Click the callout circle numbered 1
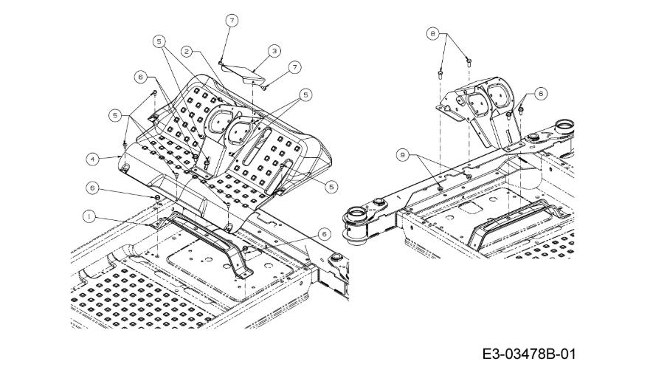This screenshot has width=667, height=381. (89, 216)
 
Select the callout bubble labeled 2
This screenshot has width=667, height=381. (187, 52)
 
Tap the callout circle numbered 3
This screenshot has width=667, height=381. (274, 51)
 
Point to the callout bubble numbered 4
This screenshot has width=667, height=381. (93, 159)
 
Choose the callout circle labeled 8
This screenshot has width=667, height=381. (433, 33)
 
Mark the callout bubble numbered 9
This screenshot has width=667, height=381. (403, 155)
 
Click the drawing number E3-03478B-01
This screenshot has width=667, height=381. (529, 354)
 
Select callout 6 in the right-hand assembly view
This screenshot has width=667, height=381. (540, 93)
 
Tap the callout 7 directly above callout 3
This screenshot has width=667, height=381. (232, 21)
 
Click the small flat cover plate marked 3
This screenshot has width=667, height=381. (243, 74)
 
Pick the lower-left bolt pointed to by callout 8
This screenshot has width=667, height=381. (440, 75)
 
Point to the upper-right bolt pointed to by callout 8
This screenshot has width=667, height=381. (469, 62)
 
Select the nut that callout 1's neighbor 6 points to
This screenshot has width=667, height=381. (156, 198)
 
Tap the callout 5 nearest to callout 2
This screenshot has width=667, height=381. (159, 41)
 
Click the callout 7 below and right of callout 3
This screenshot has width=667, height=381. (294, 67)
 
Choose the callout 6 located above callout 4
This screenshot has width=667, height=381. (141, 77)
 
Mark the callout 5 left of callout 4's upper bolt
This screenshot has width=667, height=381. (115, 115)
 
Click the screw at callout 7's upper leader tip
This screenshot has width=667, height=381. (221, 63)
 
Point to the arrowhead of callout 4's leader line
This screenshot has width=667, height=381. (120, 157)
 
